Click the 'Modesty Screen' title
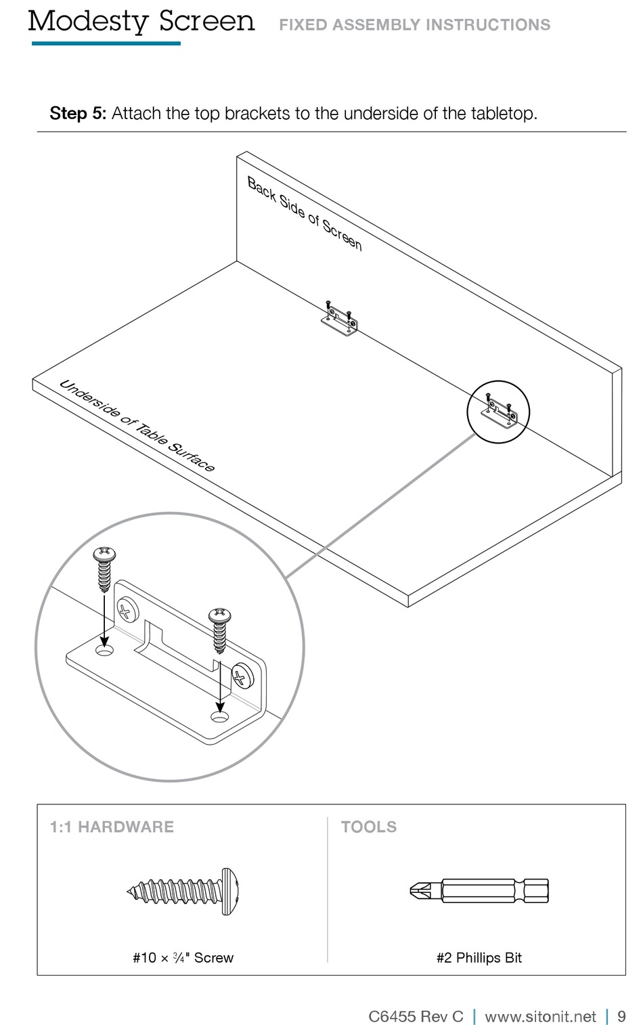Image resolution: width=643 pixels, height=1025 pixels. pyautogui.click(x=141, y=22)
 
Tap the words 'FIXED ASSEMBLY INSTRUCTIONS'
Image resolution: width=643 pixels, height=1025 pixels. pyautogui.click(x=414, y=25)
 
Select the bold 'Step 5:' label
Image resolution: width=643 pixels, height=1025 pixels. pyautogui.click(x=78, y=113)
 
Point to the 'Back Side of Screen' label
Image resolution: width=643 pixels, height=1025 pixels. pyautogui.click(x=305, y=214)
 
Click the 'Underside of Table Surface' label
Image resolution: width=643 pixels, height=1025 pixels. pyautogui.click(x=137, y=426)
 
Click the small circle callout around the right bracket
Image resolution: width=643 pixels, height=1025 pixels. pyautogui.click(x=498, y=412)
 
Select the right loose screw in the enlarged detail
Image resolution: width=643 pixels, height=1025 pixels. pyautogui.click(x=220, y=630)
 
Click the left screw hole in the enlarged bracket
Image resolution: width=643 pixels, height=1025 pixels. pyautogui.click(x=104, y=650)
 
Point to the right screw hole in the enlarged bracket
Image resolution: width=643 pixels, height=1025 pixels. pyautogui.click(x=219, y=716)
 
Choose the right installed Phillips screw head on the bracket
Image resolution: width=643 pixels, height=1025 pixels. pyautogui.click(x=242, y=676)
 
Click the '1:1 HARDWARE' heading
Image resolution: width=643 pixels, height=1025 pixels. pyautogui.click(x=112, y=827)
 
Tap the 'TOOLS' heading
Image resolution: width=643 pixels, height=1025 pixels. pyautogui.click(x=369, y=827)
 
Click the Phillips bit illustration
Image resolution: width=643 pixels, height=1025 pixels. pyautogui.click(x=479, y=890)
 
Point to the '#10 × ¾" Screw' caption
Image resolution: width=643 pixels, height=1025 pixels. pyautogui.click(x=183, y=957)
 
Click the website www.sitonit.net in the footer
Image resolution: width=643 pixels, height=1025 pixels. pyautogui.click(x=540, y=1016)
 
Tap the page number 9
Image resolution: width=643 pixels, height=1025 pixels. pyautogui.click(x=621, y=1016)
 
